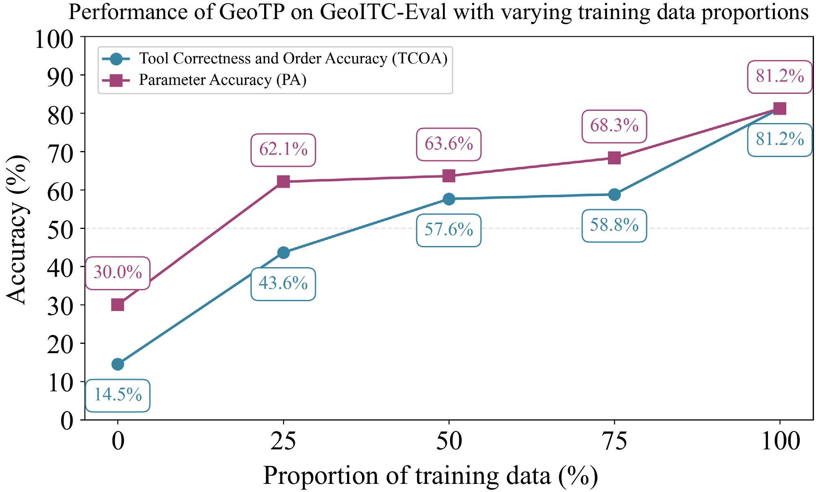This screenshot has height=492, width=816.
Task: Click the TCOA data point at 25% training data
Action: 283,252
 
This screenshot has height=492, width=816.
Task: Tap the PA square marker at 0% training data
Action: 118,304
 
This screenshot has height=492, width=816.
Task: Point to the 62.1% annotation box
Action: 283,150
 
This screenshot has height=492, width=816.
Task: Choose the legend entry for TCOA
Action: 275,59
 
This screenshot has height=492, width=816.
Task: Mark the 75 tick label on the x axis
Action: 614,441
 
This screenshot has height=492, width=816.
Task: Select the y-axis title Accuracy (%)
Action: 17,229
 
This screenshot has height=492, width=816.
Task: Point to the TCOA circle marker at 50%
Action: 449,199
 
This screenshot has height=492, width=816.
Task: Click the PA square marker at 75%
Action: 614,158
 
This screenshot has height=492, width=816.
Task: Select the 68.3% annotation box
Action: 614,126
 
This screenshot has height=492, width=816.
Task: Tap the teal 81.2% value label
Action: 780,140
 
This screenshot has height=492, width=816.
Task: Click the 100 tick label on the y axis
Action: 54,40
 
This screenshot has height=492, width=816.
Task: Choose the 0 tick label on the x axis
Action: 118,441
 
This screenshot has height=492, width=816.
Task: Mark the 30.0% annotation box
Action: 118,273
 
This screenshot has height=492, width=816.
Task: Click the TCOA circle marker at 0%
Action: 118,364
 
